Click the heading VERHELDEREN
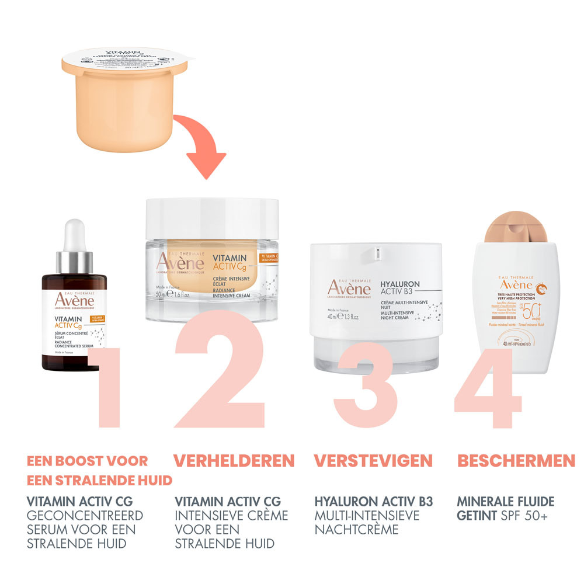(234, 460)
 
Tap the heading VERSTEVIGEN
(373, 460)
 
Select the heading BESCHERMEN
(516, 460)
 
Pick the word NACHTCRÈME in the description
(357, 530)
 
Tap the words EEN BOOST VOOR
(87, 460)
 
